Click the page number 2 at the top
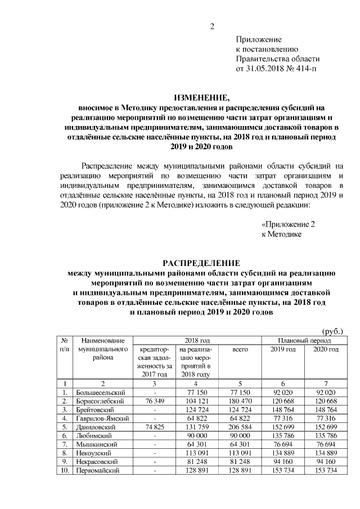[x=212, y=25]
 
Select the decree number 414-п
[x=304, y=69]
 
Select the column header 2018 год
[x=197, y=341]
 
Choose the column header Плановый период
[x=304, y=341]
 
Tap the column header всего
[x=240, y=350]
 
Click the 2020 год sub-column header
[x=325, y=350]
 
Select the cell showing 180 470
[x=240, y=401]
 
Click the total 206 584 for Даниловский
[x=240, y=426]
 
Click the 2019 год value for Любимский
[x=283, y=435]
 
